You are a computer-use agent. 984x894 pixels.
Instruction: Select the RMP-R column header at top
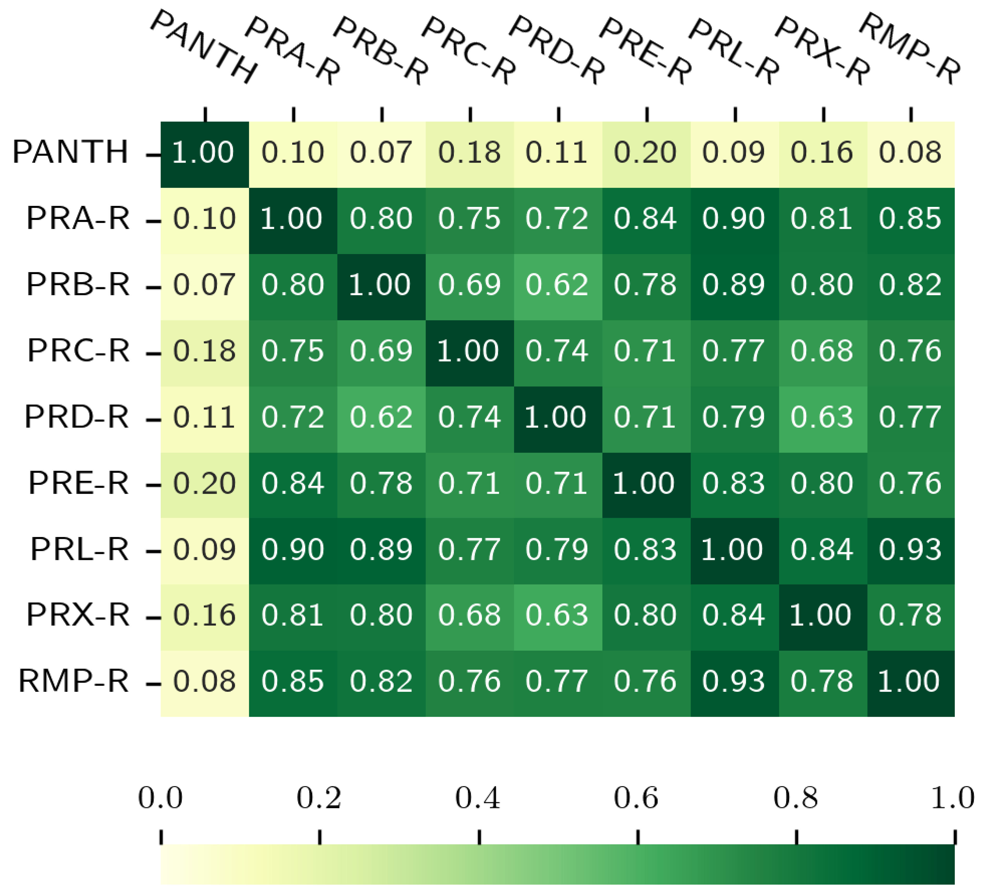(909, 49)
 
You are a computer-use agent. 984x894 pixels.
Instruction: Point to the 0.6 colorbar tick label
(636, 798)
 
